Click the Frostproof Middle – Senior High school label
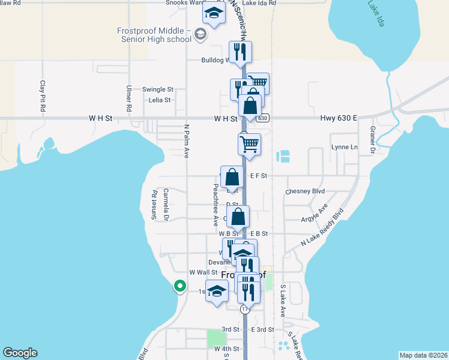pos(154,35)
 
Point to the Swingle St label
pos(157,89)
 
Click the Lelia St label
pos(160,100)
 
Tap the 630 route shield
pos(263,118)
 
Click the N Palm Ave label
pos(186,141)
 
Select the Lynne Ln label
pos(345,147)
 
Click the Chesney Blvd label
pos(305,191)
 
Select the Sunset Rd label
pos(154,205)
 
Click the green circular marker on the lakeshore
pos(179,286)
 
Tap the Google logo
pos(20,353)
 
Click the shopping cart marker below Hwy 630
pos(249,144)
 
